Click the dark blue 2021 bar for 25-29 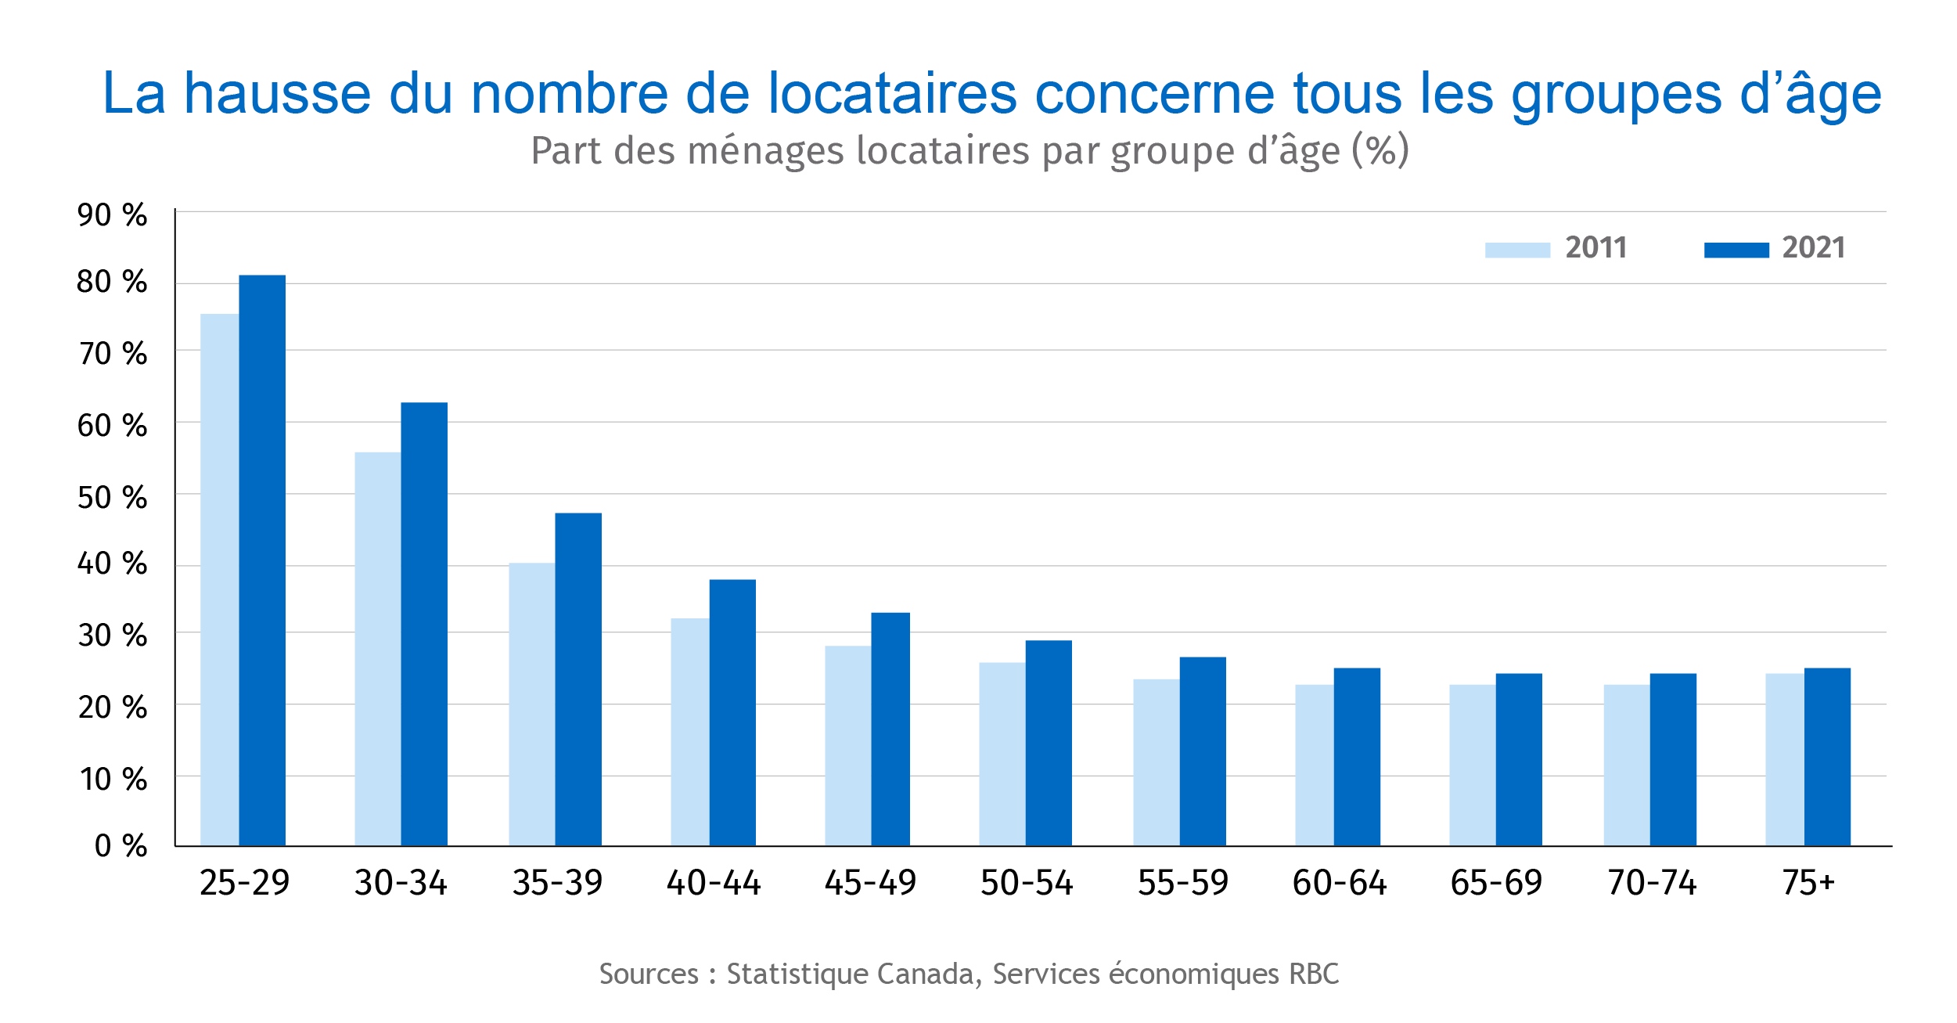[x=262, y=560]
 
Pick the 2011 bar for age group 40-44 [x=689, y=731]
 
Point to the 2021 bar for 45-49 [x=890, y=728]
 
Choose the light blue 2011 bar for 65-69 [x=1472, y=765]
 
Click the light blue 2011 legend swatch [x=1517, y=250]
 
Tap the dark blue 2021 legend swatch [x=1736, y=250]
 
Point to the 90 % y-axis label [x=112, y=215]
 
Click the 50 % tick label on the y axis [x=112, y=498]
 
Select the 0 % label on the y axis [x=121, y=845]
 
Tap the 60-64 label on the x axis [x=1340, y=883]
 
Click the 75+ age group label [x=1808, y=883]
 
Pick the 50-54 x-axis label [x=1027, y=883]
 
